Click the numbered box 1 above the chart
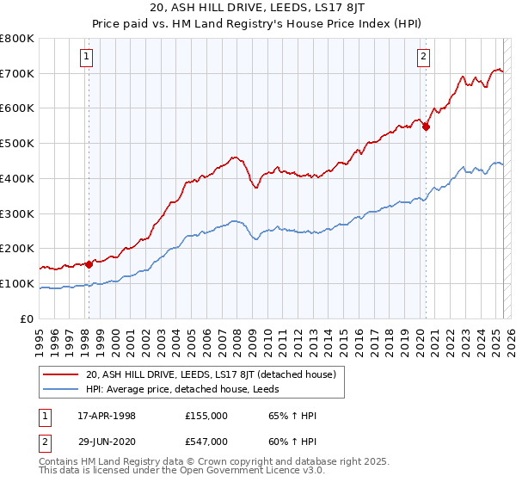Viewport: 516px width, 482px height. [x=88, y=58]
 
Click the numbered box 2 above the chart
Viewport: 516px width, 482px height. [x=425, y=58]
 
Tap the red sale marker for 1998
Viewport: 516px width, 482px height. [x=89, y=264]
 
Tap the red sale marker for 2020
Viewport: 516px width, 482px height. [x=426, y=127]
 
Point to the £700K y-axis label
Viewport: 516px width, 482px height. [x=17, y=73]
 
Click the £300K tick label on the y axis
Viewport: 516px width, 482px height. [x=17, y=213]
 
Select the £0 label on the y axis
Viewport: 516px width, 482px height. [x=28, y=318]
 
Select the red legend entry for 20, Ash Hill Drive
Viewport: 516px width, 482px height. [x=216, y=374]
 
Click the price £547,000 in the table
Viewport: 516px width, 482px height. [x=206, y=441]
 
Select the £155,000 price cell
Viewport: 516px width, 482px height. [x=206, y=416]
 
